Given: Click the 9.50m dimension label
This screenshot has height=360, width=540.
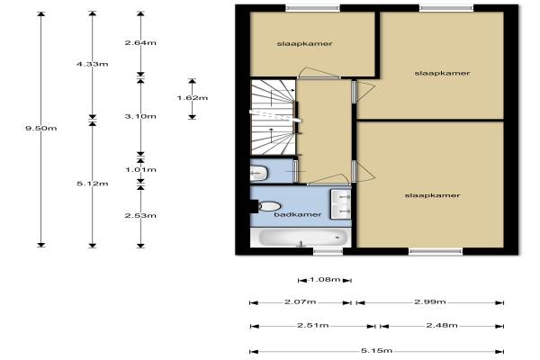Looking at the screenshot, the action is [41, 128].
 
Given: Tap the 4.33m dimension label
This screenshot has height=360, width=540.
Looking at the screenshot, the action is [93, 64].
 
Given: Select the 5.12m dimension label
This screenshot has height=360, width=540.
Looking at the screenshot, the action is [93, 184].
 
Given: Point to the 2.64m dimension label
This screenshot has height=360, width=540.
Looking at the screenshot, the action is [140, 42].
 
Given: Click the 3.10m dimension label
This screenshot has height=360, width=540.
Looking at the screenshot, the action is [140, 116].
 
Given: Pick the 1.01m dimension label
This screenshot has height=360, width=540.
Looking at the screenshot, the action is [140, 169].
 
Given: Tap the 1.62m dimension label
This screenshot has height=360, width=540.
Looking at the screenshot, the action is [193, 97].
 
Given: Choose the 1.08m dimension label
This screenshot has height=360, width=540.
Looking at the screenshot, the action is [324, 279].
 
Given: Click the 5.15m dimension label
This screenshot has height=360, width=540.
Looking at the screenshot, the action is [377, 350].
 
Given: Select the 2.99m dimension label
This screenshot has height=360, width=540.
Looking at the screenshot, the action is [430, 301].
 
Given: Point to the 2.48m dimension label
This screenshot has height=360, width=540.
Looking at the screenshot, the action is [442, 325].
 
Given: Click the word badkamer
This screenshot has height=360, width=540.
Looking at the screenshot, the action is [298, 214].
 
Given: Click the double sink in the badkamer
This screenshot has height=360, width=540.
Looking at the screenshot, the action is [341, 204].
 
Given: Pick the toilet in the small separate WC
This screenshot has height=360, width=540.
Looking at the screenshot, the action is [259, 172].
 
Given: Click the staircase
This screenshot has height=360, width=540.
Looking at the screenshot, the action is [273, 117].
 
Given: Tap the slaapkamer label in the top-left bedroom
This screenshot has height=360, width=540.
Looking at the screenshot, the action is [304, 44].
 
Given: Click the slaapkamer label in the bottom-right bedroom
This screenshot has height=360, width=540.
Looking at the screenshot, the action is [432, 195].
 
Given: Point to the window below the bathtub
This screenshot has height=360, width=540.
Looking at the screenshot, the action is [328, 251].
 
